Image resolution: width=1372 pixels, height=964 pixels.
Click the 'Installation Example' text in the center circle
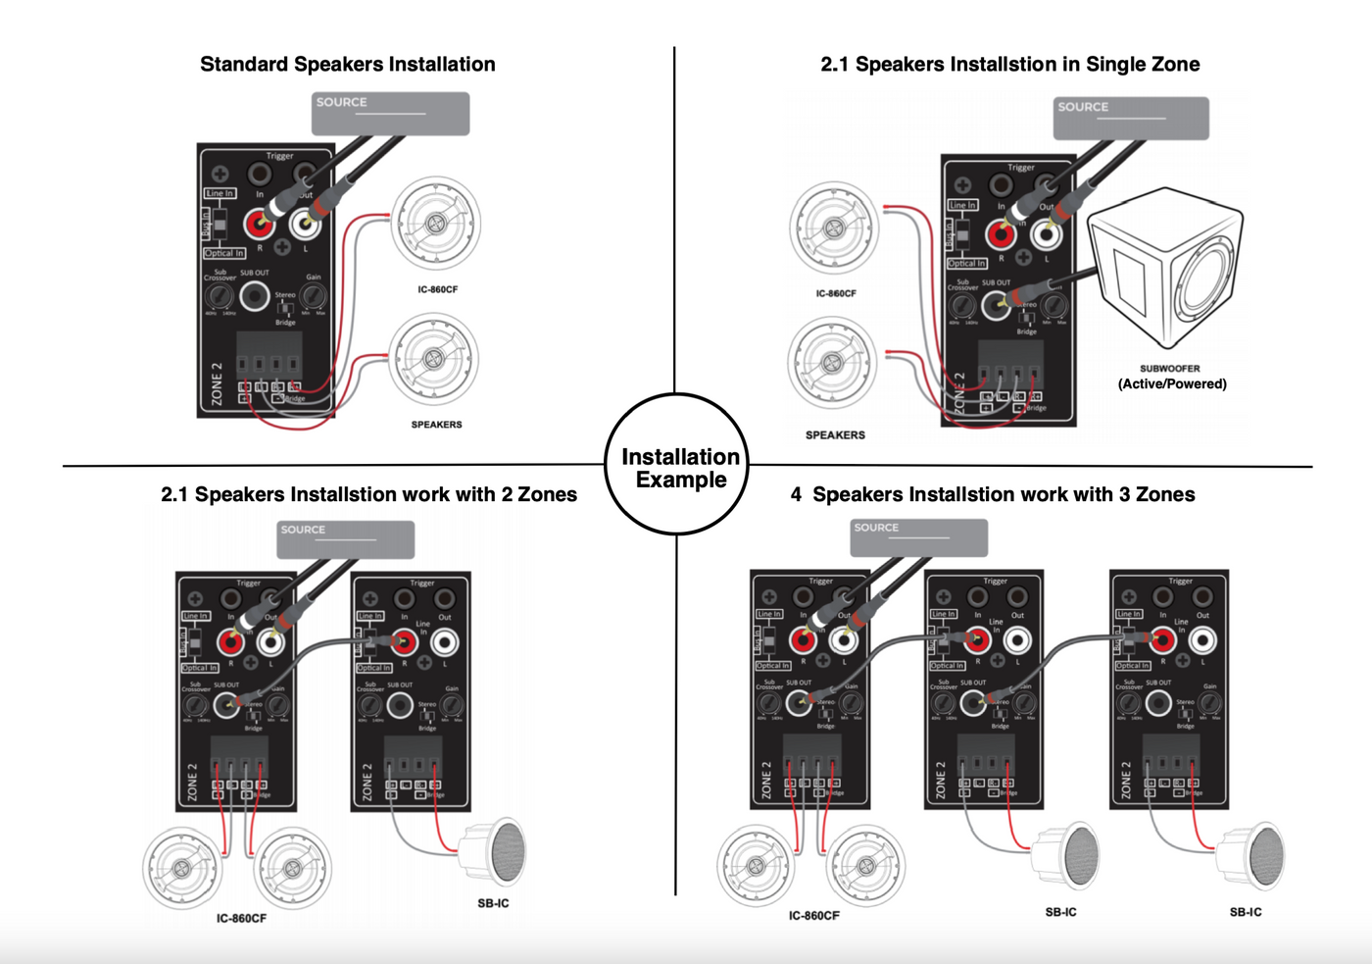pyautogui.click(x=680, y=468)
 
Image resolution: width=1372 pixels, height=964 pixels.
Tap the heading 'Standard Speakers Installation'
pyautogui.click(x=347, y=65)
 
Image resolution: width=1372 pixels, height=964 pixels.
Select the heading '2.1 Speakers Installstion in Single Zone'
pyautogui.click(x=1009, y=65)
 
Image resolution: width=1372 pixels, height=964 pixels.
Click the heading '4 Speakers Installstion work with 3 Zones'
pyautogui.click(x=993, y=494)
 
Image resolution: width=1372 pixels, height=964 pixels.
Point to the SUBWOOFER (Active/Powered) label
pyautogui.click(x=1171, y=377)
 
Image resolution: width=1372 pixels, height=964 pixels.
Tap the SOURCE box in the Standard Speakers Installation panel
pyautogui.click(x=390, y=114)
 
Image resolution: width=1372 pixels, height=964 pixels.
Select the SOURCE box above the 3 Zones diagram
pyautogui.click(x=918, y=537)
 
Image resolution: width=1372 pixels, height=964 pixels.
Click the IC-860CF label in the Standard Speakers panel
pyautogui.click(x=437, y=289)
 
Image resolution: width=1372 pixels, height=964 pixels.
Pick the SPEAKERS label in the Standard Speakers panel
pyautogui.click(x=436, y=425)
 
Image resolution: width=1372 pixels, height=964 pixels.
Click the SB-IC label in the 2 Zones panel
pyautogui.click(x=493, y=903)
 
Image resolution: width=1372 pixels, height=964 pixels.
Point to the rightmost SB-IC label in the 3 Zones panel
pyautogui.click(x=1246, y=912)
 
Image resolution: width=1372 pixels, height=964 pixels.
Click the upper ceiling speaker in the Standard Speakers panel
pyautogui.click(x=436, y=225)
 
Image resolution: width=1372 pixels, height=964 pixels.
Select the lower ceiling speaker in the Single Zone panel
pyautogui.click(x=832, y=362)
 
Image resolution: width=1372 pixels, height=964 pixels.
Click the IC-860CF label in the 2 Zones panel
pyautogui.click(x=241, y=919)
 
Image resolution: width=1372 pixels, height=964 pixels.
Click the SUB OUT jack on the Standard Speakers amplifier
pyautogui.click(x=255, y=295)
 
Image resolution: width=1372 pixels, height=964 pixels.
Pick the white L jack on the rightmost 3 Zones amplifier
pyautogui.click(x=1202, y=640)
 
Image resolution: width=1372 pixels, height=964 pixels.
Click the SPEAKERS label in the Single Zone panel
pyautogui.click(x=835, y=434)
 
